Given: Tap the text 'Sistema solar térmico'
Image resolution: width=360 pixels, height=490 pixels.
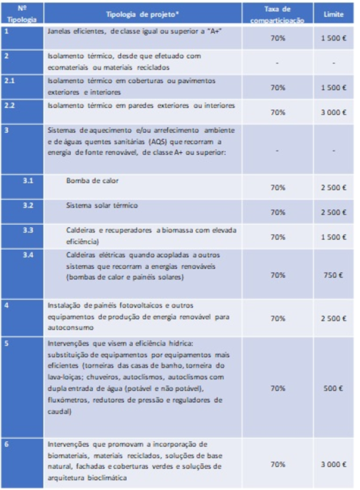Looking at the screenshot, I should point(102,205).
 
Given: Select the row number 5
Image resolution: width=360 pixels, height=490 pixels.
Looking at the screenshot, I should point(5,343).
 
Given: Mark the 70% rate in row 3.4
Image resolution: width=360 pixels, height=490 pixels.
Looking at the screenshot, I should point(277,275).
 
